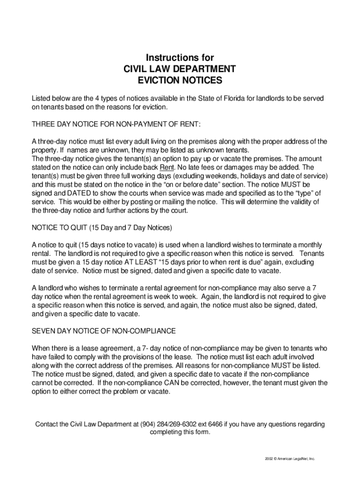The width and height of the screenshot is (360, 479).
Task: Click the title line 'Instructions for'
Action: (180, 58)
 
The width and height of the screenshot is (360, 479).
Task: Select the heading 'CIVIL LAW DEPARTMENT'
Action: (180, 69)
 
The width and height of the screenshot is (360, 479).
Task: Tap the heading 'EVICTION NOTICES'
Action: (180, 80)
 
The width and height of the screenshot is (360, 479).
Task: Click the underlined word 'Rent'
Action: (167, 167)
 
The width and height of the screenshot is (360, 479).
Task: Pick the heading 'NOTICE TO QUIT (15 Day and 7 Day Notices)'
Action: (102, 228)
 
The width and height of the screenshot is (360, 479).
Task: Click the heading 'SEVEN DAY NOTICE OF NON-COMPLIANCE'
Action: (103, 331)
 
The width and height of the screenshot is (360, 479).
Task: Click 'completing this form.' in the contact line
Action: (180, 432)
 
